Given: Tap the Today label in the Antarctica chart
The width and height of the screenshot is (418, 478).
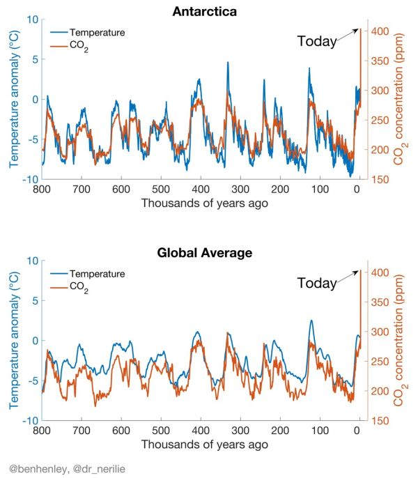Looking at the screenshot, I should pyautogui.click(x=317, y=41).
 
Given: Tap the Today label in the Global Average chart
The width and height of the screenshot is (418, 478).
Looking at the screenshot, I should pyautogui.click(x=317, y=283).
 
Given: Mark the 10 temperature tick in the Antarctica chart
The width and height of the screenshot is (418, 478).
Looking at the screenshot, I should pyautogui.click(x=31, y=19).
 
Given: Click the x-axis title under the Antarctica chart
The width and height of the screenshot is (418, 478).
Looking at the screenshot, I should pyautogui.click(x=201, y=203).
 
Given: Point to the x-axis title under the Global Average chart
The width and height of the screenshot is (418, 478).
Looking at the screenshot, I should pyautogui.click(x=201, y=445).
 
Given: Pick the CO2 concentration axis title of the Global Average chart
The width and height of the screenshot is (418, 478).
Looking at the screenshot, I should pyautogui.click(x=399, y=341).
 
